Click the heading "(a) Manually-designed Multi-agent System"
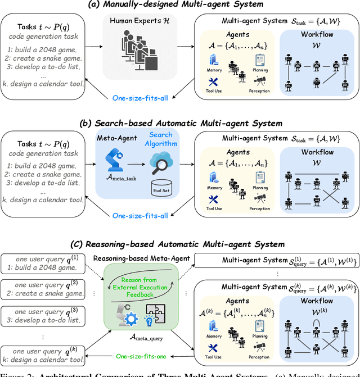click(181, 6)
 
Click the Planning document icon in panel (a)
click(260, 60)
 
